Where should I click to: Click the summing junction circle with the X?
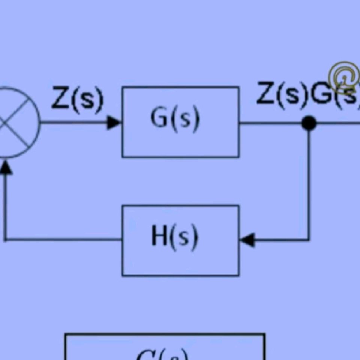click(x=15, y=123)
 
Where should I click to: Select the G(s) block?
click(x=180, y=122)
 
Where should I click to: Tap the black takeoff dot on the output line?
click(x=309, y=123)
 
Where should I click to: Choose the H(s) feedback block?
click(x=180, y=240)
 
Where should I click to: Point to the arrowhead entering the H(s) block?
click(x=247, y=239)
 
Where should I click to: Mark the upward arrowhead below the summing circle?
click(x=5, y=168)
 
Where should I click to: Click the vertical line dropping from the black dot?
click(x=309, y=180)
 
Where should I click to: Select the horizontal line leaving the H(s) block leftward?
click(x=64, y=239)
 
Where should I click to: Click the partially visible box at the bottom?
click(x=165, y=347)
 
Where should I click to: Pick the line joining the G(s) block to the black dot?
click(x=270, y=123)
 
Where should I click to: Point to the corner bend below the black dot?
click(x=309, y=239)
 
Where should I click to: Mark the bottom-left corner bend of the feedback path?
click(x=5, y=239)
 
